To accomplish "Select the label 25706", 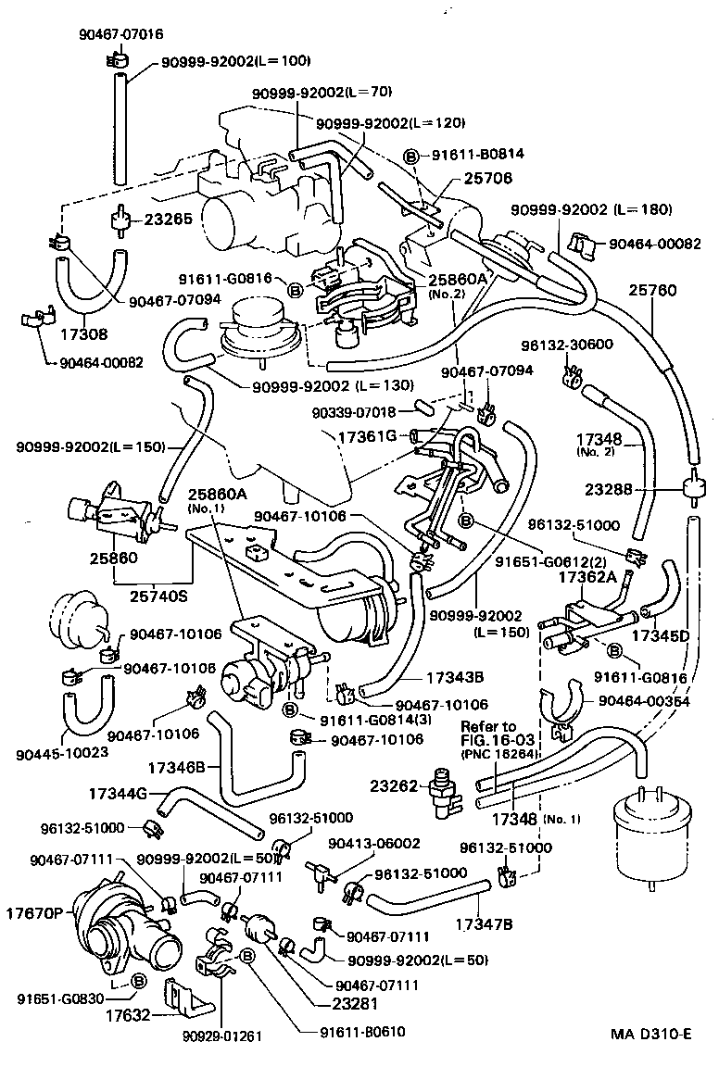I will (463, 176).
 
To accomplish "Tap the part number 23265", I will (168, 220).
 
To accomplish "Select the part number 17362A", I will (587, 575).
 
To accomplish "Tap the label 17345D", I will (660, 636).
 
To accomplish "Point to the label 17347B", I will (485, 923).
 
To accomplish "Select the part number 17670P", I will (37, 912).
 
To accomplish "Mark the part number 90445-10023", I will (62, 751).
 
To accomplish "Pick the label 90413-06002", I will (375, 843).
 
